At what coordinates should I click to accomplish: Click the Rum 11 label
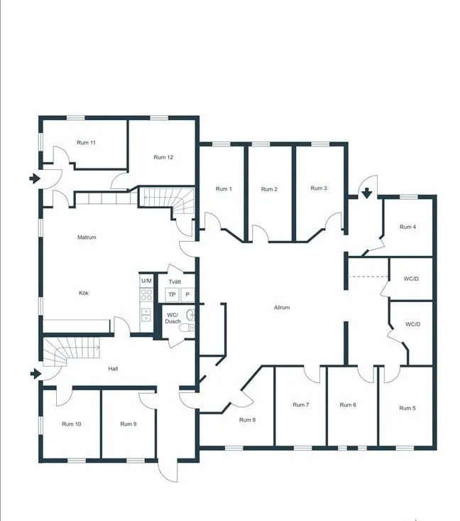pyautogui.click(x=86, y=143)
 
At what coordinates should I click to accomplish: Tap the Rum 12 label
pyautogui.click(x=164, y=157)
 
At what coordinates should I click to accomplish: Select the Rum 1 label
pyautogui.click(x=223, y=189)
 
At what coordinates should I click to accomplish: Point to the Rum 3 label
pyautogui.click(x=319, y=188)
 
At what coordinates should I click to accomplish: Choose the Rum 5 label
pyautogui.click(x=407, y=408)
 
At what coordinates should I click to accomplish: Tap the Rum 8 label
pyautogui.click(x=247, y=420)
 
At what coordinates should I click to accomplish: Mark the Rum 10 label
pyautogui.click(x=71, y=424)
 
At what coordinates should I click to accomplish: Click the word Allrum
pyautogui.click(x=282, y=308)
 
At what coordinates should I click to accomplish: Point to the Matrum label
pyautogui.click(x=87, y=237)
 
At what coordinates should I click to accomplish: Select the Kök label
pyautogui.click(x=84, y=293)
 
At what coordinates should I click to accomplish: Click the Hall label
pyautogui.click(x=113, y=369)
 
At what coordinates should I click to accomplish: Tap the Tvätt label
pyautogui.click(x=175, y=280)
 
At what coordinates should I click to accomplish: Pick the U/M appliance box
pyautogui.click(x=146, y=281)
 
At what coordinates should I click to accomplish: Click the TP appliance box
pyautogui.click(x=172, y=294)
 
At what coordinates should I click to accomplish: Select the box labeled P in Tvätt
pyautogui.click(x=187, y=294)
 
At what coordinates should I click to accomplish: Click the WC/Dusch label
pyautogui.click(x=173, y=318)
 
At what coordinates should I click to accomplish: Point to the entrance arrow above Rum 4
pyautogui.click(x=367, y=192)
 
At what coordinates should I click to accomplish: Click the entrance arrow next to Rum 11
pyautogui.click(x=34, y=178)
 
